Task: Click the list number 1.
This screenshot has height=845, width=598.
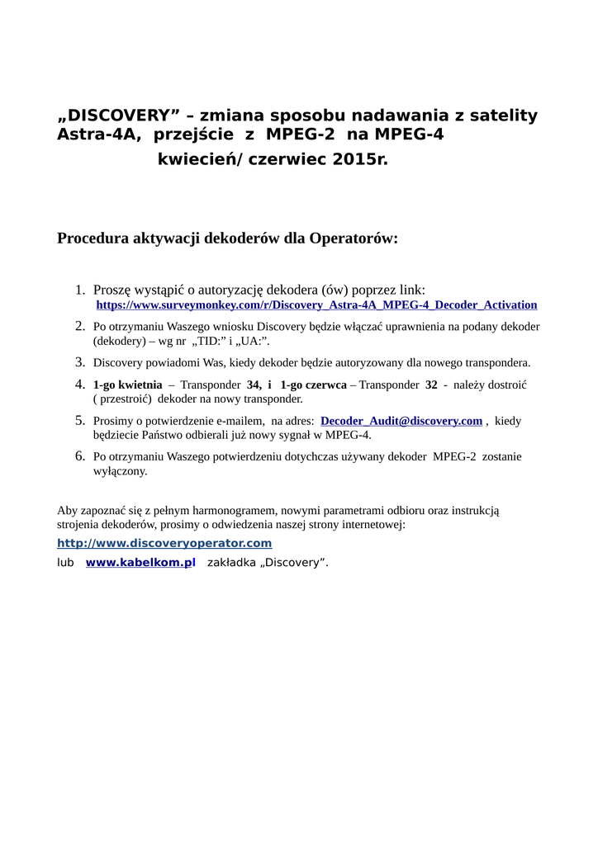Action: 80,290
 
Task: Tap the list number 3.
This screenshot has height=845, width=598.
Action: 80,361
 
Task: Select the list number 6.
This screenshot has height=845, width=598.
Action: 80,456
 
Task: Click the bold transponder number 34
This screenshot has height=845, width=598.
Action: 254,385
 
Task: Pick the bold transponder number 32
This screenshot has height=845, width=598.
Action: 431,385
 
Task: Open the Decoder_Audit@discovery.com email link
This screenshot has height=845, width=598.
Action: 401,421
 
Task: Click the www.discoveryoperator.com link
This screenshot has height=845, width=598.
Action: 164,543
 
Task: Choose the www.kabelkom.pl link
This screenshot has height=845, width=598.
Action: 140,563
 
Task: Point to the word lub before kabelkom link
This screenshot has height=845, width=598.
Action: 65,563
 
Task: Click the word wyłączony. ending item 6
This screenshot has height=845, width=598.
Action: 120,471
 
